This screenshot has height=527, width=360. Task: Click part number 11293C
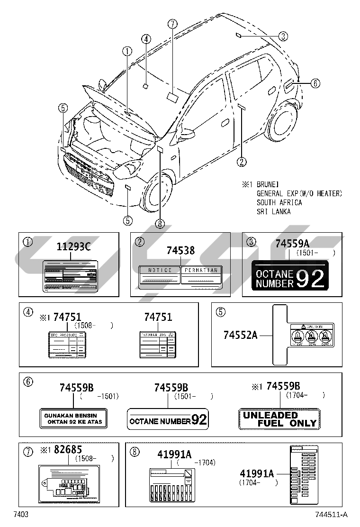[73, 247]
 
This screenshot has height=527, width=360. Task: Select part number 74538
[180, 251]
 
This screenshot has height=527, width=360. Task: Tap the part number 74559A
[292, 244]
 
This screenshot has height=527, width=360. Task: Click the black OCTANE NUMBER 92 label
[289, 275]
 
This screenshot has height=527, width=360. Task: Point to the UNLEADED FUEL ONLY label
[279, 419]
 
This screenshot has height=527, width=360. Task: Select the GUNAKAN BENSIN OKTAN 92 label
[73, 418]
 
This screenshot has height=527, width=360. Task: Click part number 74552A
[240, 335]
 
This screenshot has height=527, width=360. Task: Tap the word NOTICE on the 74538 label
[160, 270]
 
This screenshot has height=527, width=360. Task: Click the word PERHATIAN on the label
[201, 270]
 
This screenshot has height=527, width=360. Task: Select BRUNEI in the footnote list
[268, 184]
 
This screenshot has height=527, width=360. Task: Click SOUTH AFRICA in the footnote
[279, 202]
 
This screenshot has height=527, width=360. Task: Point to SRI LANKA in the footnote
[273, 211]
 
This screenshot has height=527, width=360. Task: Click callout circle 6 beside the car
[315, 83]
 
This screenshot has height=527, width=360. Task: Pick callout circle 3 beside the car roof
[283, 36]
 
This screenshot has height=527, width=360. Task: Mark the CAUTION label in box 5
[311, 337]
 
